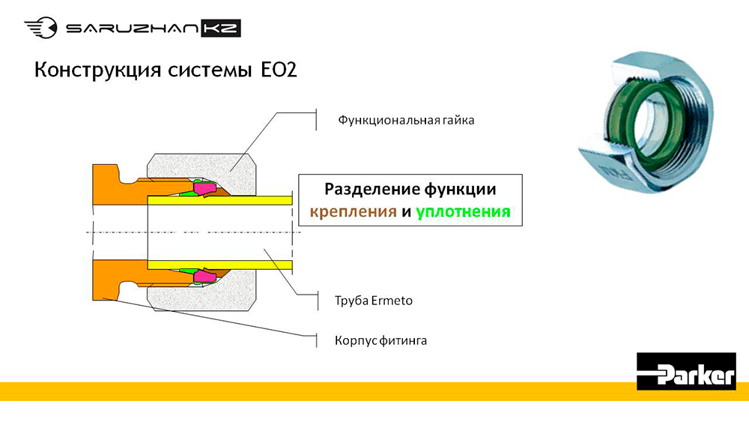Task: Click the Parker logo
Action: (686, 371)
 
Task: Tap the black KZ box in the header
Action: (221, 28)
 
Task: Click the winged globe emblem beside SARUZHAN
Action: (41, 28)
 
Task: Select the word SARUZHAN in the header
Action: (132, 28)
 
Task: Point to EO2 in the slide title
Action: (279, 70)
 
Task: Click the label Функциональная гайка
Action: (406, 120)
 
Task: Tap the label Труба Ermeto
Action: (374, 301)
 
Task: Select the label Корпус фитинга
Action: (380, 341)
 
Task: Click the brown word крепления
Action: (353, 211)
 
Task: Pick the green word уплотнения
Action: (463, 211)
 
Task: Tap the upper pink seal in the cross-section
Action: (205, 188)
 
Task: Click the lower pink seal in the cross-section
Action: (205, 276)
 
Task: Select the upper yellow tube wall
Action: (219, 200)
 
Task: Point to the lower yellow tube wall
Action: (219, 265)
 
